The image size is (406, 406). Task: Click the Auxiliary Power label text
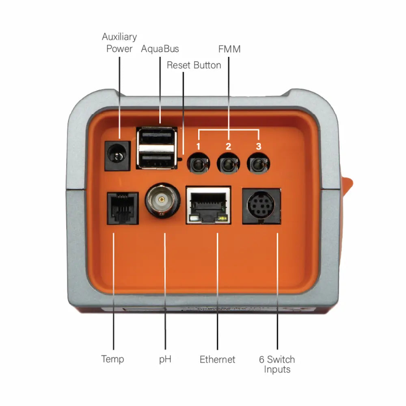(119, 43)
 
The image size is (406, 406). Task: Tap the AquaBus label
(160, 49)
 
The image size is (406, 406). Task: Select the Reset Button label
(194, 65)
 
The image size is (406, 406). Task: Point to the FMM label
(229, 49)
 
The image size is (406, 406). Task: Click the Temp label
(112, 359)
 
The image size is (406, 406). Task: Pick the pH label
(165, 359)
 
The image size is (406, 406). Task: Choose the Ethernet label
(217, 359)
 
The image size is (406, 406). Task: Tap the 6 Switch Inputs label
(277, 364)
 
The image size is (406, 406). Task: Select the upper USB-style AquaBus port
(157, 137)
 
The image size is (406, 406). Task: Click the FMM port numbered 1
(198, 164)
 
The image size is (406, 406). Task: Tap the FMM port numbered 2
(228, 164)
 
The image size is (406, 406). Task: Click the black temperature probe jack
(122, 208)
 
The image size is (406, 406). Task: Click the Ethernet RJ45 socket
(208, 205)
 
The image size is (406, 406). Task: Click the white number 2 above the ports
(228, 147)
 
